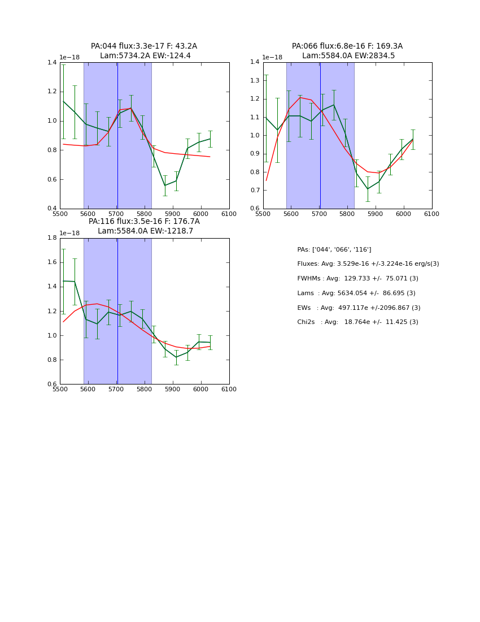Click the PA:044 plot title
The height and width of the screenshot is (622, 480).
coord(144,46)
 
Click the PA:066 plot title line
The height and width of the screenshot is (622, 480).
coord(347,46)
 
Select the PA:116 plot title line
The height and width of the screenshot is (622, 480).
coord(144,222)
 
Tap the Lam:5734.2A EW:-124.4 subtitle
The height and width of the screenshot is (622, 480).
coord(145,56)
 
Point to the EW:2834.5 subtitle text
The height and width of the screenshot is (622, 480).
coord(377,56)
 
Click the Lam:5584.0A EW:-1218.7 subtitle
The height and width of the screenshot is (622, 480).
coord(145,231)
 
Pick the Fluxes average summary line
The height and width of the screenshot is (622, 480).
coord(368,264)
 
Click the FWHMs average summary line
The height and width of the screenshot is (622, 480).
coord(357,279)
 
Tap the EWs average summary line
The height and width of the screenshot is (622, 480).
coord(359,308)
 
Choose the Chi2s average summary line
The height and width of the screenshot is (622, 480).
coord(357,322)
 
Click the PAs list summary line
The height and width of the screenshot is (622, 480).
coord(334,250)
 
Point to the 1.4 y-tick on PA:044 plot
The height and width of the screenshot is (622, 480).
coord(52,62)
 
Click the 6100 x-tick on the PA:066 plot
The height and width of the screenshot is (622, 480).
coord(432,214)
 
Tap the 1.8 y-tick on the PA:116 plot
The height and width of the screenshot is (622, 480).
coord(52,238)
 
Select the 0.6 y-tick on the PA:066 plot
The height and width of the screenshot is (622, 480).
coord(255,209)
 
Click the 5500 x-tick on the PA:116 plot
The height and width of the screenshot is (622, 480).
coord(60,389)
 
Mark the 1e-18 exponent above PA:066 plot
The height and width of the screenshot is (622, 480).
coord(273,58)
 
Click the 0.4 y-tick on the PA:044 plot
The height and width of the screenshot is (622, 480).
coord(52,209)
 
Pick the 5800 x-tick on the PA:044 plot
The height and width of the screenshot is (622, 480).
coord(145,214)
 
